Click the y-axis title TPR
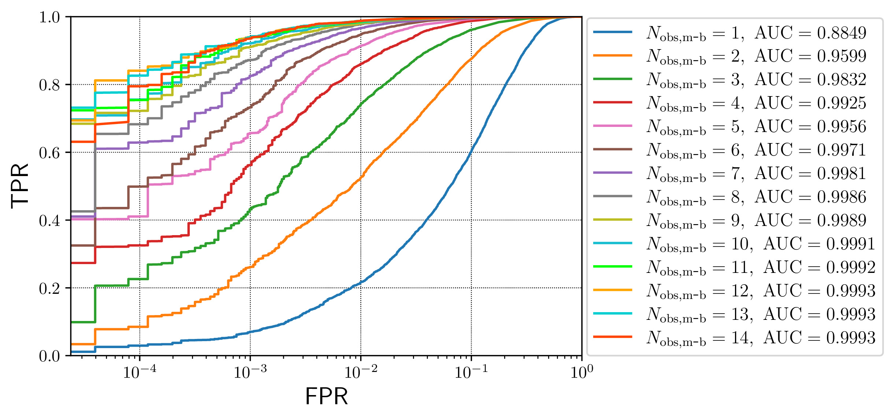point(20,186)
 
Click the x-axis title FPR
point(326,397)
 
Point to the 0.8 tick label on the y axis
point(49,85)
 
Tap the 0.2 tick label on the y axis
point(49,289)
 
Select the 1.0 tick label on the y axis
point(49,17)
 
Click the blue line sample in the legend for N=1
point(613,32)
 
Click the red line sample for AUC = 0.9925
point(613,102)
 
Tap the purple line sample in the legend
point(613,173)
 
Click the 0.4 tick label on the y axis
point(49,221)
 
